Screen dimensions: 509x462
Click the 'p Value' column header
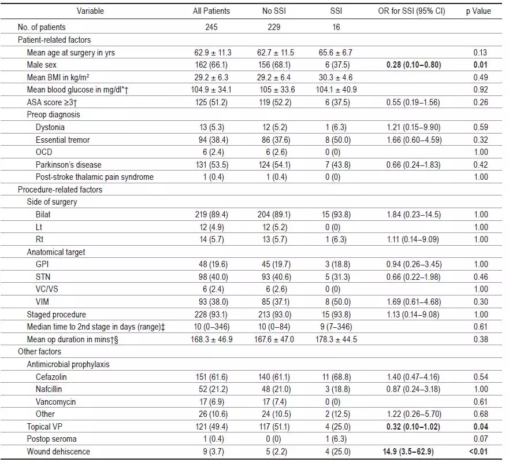pyautogui.click(x=478, y=11)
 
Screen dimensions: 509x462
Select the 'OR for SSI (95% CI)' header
pyautogui.click(x=411, y=11)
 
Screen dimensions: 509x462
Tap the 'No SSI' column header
pyautogui.click(x=274, y=11)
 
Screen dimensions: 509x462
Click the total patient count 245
pyautogui.click(x=211, y=27)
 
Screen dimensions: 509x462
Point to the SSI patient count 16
pyautogui.click(x=336, y=27)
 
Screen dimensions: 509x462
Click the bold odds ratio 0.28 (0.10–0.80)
pyautogui.click(x=414, y=65)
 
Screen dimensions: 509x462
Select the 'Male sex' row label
pyautogui.click(x=42, y=65)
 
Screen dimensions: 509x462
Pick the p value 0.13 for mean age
pyautogui.click(x=480, y=52)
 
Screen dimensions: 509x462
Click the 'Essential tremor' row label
pyautogui.click(x=62, y=140)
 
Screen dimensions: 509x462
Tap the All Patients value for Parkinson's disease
pyautogui.click(x=212, y=165)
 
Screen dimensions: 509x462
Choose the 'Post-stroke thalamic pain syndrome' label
pyautogui.click(x=95, y=177)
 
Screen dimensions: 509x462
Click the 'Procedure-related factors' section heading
pyautogui.click(x=60, y=190)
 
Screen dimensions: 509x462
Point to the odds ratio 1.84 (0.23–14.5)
pyautogui.click(x=414, y=215)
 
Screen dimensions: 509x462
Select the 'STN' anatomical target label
pyautogui.click(x=43, y=277)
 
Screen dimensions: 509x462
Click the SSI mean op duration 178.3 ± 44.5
pyautogui.click(x=336, y=339)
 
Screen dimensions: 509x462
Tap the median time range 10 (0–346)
pyautogui.click(x=211, y=327)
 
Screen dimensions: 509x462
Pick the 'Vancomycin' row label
pyautogui.click(x=55, y=401)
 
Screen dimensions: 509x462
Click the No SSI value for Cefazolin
pyautogui.click(x=274, y=377)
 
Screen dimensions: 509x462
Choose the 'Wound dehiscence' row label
pyautogui.click(x=58, y=451)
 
